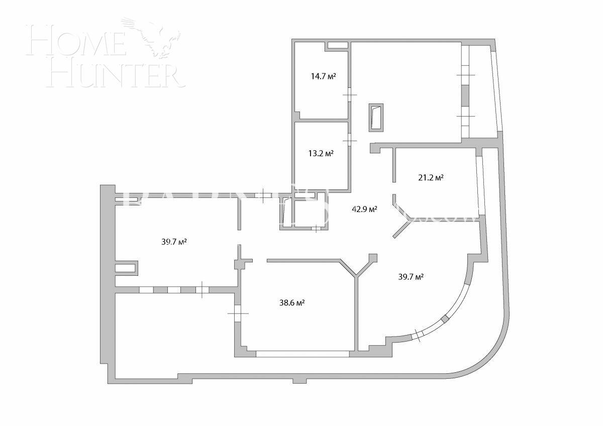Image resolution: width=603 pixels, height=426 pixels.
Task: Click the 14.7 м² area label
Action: coord(323,76)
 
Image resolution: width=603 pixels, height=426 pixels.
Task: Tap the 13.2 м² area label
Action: coord(321,153)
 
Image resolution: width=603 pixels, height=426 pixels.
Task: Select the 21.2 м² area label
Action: coord(431,177)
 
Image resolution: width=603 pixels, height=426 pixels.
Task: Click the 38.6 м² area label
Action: coord(292,302)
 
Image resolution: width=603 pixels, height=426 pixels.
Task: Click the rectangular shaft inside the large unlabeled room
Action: coord(376,118)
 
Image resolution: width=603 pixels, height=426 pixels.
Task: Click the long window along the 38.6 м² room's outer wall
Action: coord(303,354)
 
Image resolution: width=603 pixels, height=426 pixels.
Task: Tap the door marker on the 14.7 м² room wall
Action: coord(350,95)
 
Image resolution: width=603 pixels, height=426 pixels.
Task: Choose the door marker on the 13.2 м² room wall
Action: coord(350,140)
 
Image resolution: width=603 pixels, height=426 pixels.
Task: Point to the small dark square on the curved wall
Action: coord(445,318)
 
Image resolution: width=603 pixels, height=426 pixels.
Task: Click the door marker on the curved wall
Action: coord(417,335)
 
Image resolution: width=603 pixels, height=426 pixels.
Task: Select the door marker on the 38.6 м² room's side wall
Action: coord(238,312)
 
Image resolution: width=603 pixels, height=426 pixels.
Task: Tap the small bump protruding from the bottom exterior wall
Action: coord(299,380)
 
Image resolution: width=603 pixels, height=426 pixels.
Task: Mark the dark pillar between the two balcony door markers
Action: coord(465,95)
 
